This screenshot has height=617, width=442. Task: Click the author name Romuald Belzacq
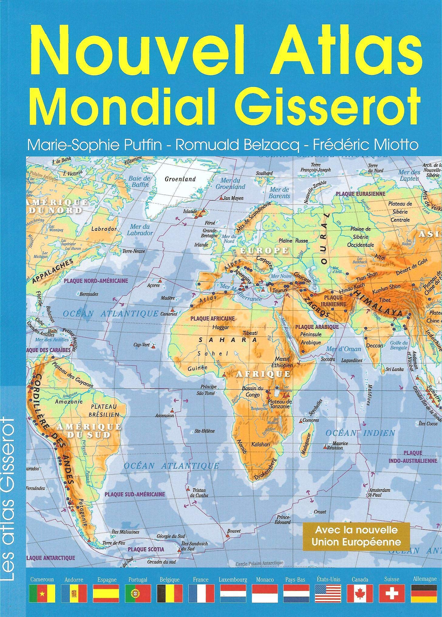pos(237,145)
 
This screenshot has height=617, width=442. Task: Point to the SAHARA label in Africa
pos(228,340)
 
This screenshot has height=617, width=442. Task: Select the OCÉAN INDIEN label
pos(360,433)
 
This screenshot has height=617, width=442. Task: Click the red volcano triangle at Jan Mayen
pos(221,198)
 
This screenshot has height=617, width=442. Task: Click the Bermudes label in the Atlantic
pos(89,294)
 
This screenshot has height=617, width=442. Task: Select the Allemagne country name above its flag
pos(424,579)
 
